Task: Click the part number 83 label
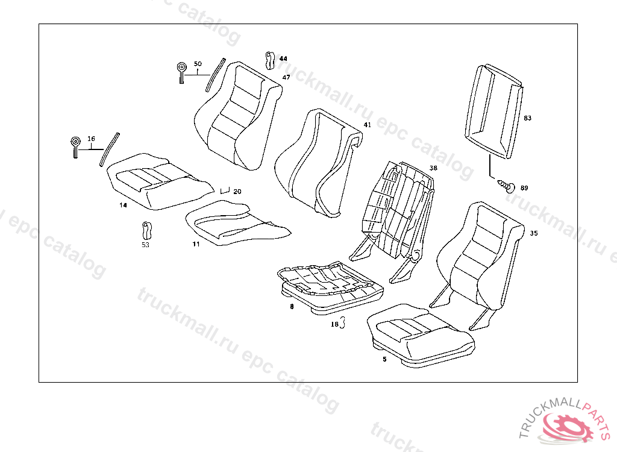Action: [528, 118]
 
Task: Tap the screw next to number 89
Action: [508, 186]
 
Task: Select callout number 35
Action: [534, 233]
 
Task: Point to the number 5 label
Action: [384, 359]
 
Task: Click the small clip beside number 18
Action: [343, 323]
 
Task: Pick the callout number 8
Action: [292, 307]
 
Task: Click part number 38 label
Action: [433, 168]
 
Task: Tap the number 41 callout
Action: [367, 125]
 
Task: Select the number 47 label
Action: [286, 78]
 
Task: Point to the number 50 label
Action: [198, 64]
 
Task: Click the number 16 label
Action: [91, 139]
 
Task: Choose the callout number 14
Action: [123, 206]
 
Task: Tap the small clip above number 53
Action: [145, 230]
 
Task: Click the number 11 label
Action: [196, 244]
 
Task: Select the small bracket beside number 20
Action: [225, 190]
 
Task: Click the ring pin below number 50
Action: [181, 72]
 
